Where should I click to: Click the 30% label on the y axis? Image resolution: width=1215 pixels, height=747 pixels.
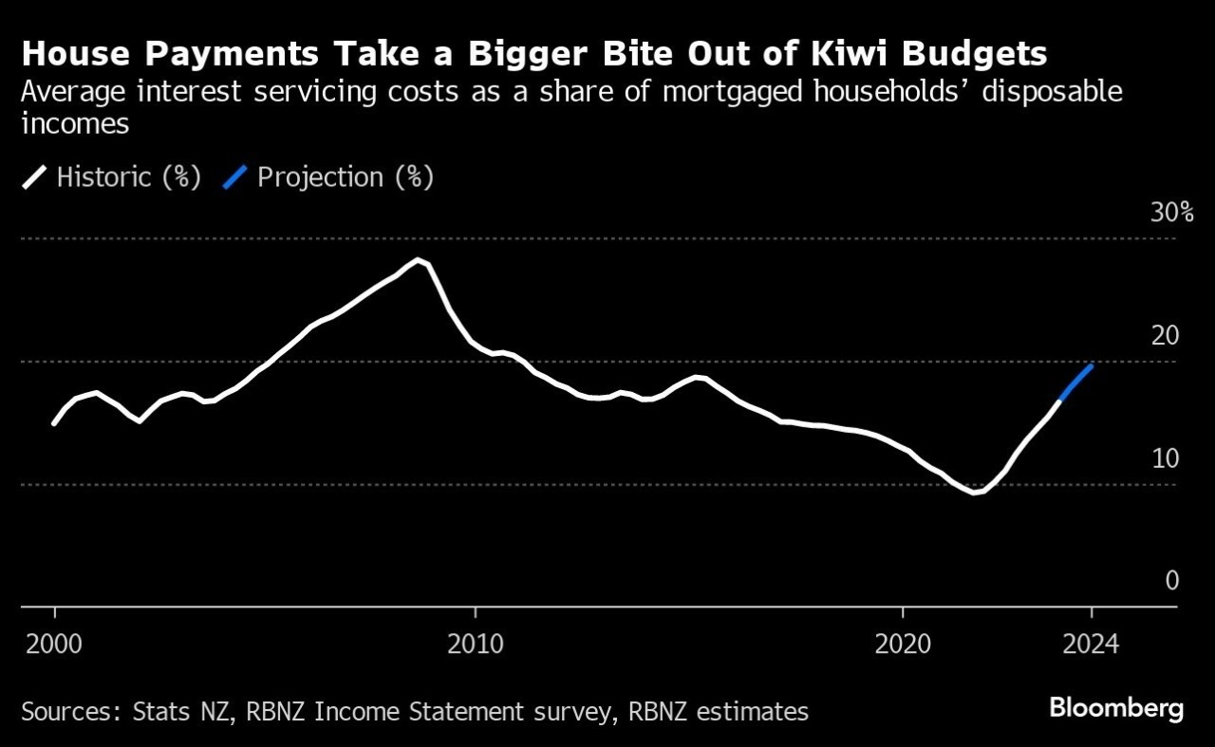point(1171,213)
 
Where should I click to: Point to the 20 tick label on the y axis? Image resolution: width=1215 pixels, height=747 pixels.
point(1166,335)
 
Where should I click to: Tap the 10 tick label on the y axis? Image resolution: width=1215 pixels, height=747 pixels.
point(1166,458)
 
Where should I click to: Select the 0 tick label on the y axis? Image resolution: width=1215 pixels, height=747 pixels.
point(1172,581)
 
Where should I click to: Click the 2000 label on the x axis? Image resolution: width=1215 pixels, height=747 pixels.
point(54,644)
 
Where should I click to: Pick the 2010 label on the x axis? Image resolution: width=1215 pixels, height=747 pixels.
point(475,644)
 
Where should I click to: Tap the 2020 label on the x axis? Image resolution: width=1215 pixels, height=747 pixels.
point(903,644)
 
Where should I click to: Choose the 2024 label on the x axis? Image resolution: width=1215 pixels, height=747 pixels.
point(1091,644)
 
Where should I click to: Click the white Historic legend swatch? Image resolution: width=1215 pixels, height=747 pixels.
point(34,177)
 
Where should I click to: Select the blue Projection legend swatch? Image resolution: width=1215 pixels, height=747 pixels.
point(235,177)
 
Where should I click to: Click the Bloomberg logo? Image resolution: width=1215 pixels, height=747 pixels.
point(1116,708)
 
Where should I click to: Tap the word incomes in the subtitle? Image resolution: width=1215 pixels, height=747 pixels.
point(74,125)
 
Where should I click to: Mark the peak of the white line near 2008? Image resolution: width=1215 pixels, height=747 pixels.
point(418,260)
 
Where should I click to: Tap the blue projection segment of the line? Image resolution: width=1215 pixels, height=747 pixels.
point(1076,382)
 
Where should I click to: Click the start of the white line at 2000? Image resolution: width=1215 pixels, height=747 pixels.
point(54,423)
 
